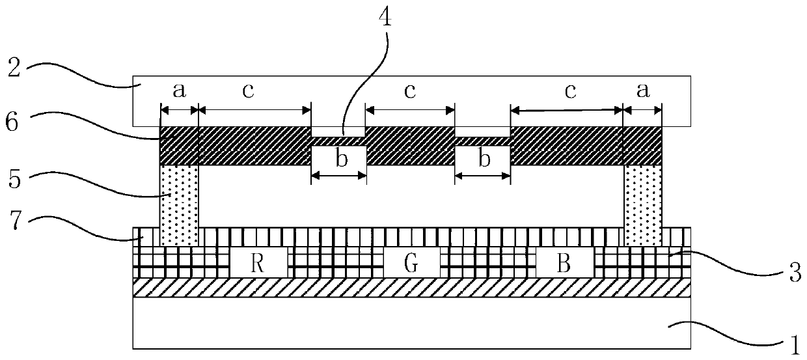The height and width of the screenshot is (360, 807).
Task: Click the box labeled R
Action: pyautogui.click(x=259, y=263)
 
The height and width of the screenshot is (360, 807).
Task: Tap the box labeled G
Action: pyautogui.click(x=411, y=263)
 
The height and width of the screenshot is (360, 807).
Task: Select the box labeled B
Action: pyautogui.click(x=565, y=263)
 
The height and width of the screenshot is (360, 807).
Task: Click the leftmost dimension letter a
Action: pyautogui.click(x=179, y=92)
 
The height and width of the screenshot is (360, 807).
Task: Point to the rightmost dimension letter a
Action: pyautogui.click(x=642, y=92)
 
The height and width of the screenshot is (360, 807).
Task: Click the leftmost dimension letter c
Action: pyautogui.click(x=248, y=92)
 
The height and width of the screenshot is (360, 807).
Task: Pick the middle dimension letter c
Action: pyautogui.click(x=409, y=92)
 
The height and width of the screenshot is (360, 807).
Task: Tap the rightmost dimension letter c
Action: pyautogui.click(x=570, y=92)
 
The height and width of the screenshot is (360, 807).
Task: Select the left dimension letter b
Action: pyautogui.click(x=340, y=160)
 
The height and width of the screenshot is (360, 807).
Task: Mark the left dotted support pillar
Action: pyautogui.click(x=178, y=205)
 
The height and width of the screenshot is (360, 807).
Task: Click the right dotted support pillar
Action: pyautogui.click(x=643, y=205)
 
